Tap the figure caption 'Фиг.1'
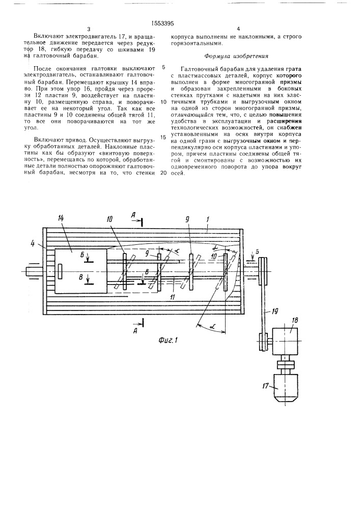click(169, 338)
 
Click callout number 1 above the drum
click(208, 220)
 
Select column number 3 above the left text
click(88, 29)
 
